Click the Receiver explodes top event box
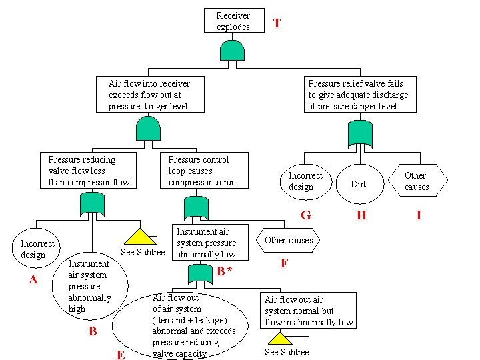(x=233, y=21)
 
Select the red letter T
(x=277, y=23)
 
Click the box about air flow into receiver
(x=149, y=95)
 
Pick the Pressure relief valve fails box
(x=357, y=95)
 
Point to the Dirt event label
(x=359, y=184)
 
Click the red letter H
(x=361, y=215)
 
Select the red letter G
(x=305, y=215)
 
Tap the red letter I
(x=419, y=215)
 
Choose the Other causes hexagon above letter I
(x=417, y=181)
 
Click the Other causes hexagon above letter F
(x=289, y=240)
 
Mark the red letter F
(x=284, y=263)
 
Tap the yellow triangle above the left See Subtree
(x=140, y=236)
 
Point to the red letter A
(x=33, y=279)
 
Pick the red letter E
(x=121, y=355)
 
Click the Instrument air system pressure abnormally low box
(x=205, y=243)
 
